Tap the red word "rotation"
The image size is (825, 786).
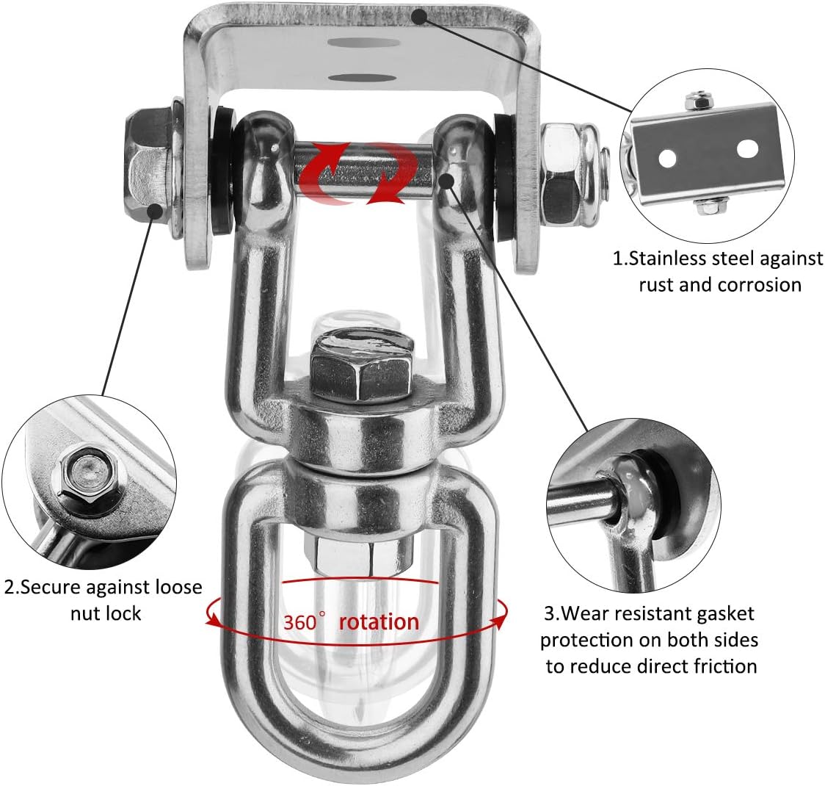tap(379, 621)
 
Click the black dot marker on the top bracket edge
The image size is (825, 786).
tap(419, 18)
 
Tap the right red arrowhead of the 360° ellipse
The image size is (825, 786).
tap(500, 621)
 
